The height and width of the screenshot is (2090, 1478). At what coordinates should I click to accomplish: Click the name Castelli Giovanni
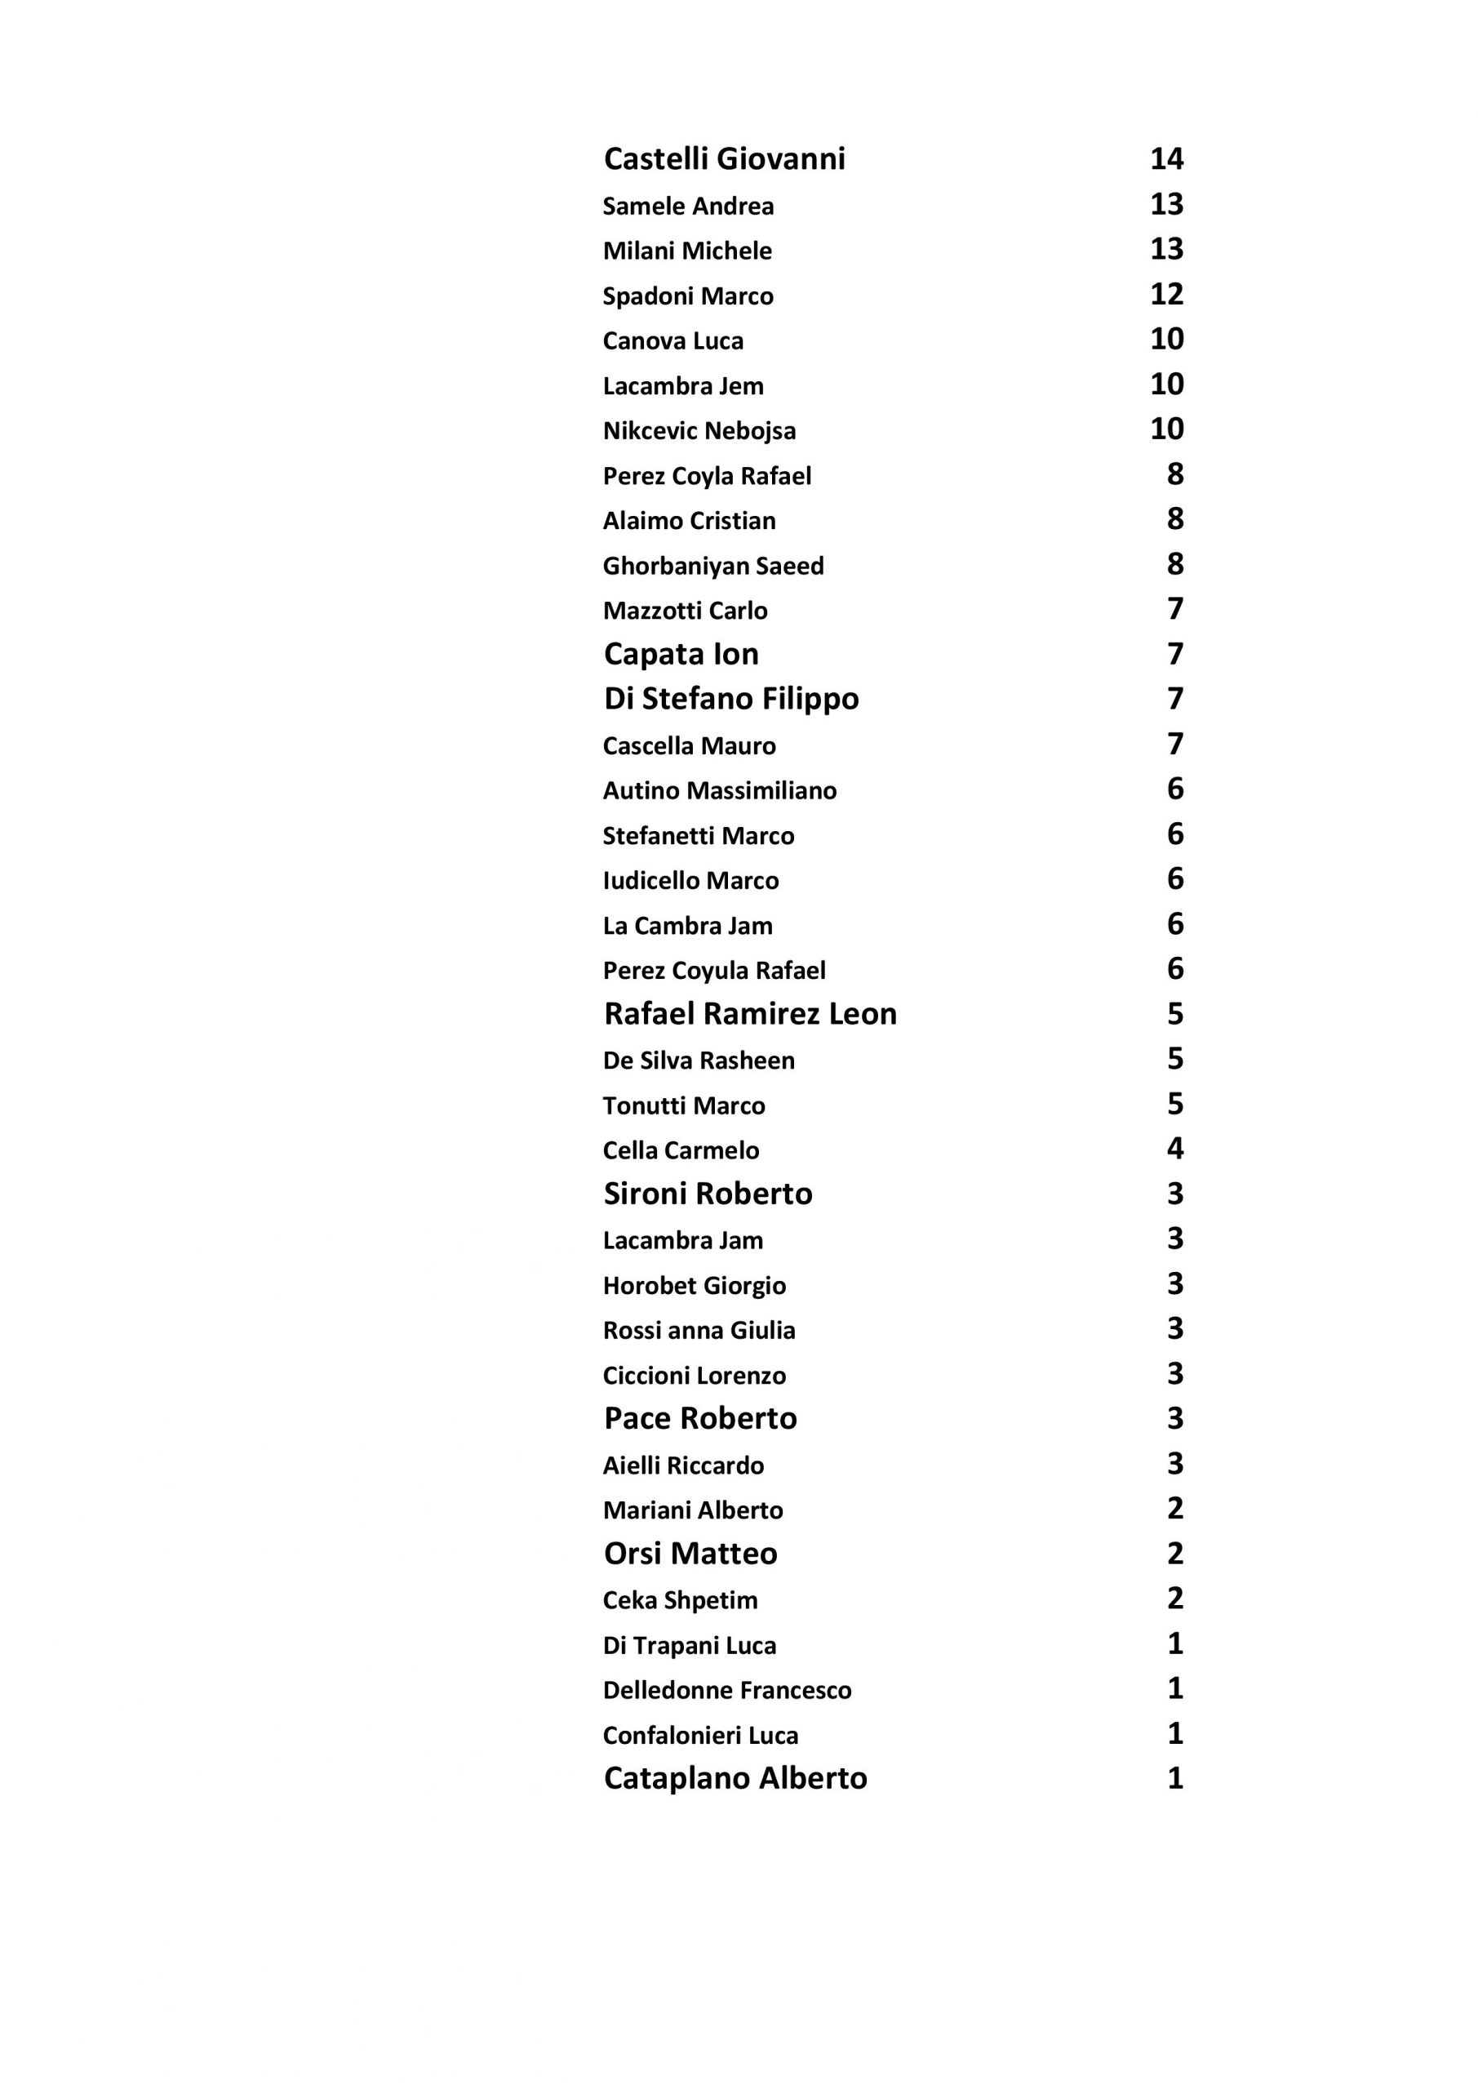[x=725, y=159]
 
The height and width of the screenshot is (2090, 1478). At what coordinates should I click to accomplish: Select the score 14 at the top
[x=1166, y=159]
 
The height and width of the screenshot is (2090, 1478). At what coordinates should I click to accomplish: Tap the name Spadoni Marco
[x=688, y=296]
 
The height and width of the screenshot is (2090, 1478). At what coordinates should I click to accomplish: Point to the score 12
[x=1166, y=294]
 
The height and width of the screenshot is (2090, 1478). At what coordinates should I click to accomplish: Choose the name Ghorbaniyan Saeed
[x=712, y=567]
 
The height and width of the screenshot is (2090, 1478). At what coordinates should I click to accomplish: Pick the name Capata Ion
[x=681, y=655]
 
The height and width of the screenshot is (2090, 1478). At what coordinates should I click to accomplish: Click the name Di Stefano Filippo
[x=730, y=699]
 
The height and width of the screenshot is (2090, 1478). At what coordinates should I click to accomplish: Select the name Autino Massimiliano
[x=719, y=790]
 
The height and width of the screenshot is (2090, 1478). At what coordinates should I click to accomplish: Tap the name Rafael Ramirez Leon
[x=750, y=1014]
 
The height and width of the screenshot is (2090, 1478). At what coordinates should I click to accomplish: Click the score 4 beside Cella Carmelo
[x=1175, y=1149]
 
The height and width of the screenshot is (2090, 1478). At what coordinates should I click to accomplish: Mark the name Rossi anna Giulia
[x=699, y=1330]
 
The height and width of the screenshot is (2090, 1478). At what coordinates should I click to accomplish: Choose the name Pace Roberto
[x=700, y=1418]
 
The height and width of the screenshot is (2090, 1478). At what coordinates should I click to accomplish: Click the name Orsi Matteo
[x=690, y=1554]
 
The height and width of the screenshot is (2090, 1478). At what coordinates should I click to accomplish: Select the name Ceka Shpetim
[x=680, y=1600]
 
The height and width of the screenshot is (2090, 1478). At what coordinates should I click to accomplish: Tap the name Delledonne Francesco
[x=727, y=1691]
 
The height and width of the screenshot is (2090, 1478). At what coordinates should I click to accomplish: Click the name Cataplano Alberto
[x=735, y=1779]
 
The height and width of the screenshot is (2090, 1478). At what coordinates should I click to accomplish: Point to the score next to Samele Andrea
[x=1166, y=204]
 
